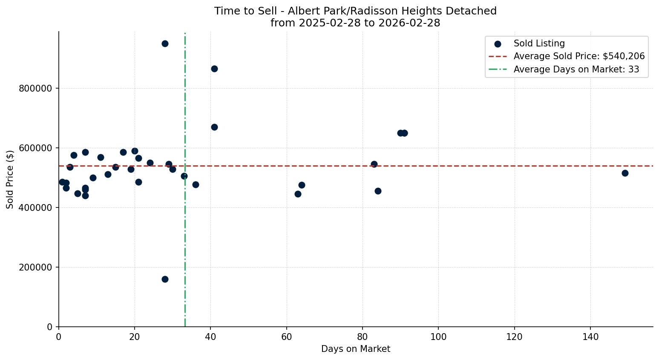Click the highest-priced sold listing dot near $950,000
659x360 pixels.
[165, 43]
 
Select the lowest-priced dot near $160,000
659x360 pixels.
[165, 279]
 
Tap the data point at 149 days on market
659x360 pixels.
[625, 173]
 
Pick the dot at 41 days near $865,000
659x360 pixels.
[214, 69]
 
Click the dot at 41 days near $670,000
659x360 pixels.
[214, 127]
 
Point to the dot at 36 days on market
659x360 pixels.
[196, 184]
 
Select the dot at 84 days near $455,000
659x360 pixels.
[378, 191]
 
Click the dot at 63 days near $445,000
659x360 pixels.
[298, 194]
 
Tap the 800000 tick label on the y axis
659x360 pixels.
[35, 89]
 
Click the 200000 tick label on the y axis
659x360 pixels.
[35, 268]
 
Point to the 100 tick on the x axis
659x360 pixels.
[438, 337]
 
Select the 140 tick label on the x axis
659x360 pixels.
[590, 337]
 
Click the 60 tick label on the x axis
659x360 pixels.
[287, 337]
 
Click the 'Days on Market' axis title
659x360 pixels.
[356, 349]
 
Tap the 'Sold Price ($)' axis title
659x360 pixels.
[10, 179]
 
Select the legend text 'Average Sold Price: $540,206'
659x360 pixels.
[579, 56]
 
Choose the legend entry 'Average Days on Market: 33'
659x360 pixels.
[576, 69]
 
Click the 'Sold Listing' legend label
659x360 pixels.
[539, 43]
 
